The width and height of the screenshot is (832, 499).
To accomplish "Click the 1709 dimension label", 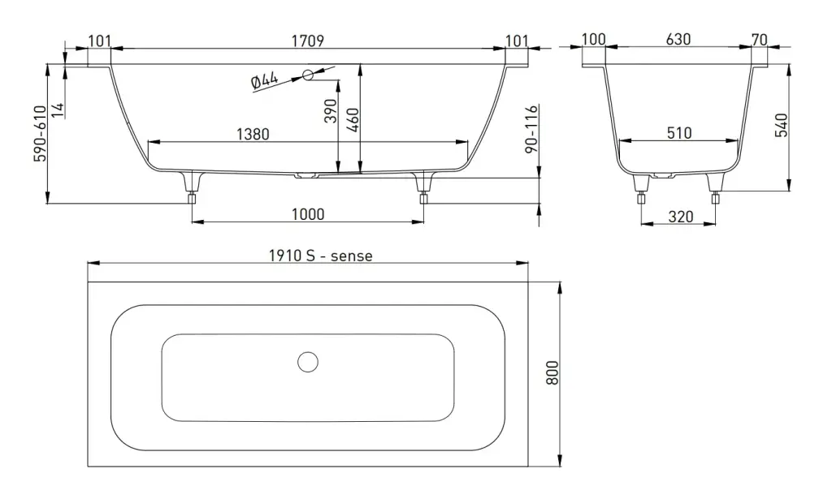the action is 308,41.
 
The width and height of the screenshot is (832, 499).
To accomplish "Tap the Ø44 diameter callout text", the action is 264,80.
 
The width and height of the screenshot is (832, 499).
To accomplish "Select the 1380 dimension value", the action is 253,134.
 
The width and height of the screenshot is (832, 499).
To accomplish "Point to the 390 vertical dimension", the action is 331,110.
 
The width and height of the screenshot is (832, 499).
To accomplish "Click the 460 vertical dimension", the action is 353,120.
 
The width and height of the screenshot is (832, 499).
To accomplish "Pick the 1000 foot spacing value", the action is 308,214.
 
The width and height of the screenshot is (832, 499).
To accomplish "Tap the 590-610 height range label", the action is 41,134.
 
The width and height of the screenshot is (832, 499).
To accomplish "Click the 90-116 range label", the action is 531,129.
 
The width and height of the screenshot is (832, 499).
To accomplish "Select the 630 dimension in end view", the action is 678,39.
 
